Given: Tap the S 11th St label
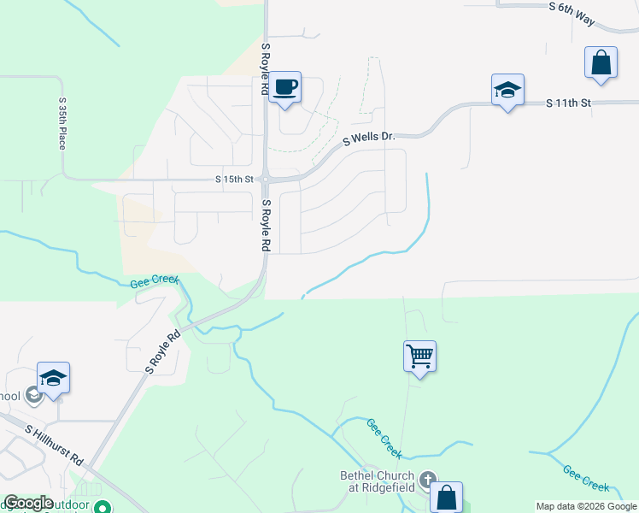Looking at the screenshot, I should [x=568, y=103].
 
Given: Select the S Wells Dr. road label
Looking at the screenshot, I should [x=369, y=137].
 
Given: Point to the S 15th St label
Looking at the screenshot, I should [x=235, y=180].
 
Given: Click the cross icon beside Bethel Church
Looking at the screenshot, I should [x=427, y=481].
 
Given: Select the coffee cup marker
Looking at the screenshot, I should [x=285, y=87].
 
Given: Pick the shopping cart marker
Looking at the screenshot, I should [x=419, y=356].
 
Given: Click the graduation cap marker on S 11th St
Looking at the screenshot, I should [x=507, y=90].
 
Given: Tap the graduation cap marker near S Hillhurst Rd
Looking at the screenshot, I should [x=53, y=378].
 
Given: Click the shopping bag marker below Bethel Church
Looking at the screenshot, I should [x=446, y=497].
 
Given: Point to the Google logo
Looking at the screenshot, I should [x=28, y=503].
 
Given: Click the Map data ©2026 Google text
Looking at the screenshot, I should [x=587, y=506].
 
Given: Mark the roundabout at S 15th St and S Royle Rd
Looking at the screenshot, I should [x=266, y=180].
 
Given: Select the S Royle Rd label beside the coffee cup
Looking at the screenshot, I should [x=266, y=68].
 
